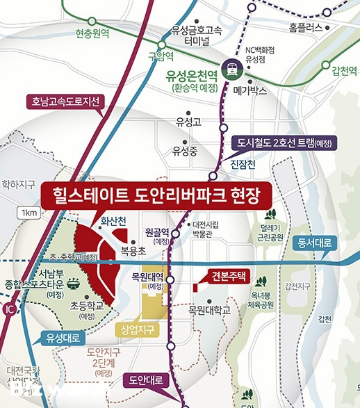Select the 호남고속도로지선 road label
[65, 101]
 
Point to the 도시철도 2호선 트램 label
[284, 144]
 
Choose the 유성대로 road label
[63, 338]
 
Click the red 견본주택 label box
[227, 276]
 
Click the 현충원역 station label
[92, 33]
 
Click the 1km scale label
[29, 212]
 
